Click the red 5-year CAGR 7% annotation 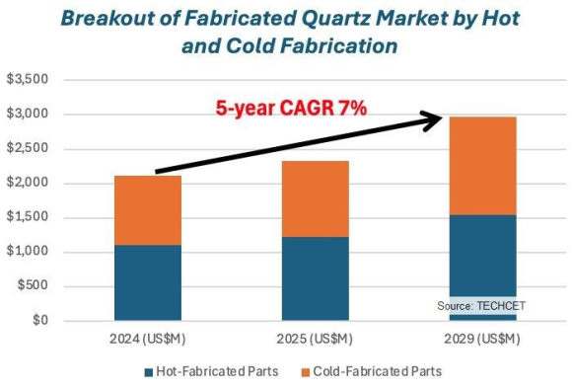click(292, 109)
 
